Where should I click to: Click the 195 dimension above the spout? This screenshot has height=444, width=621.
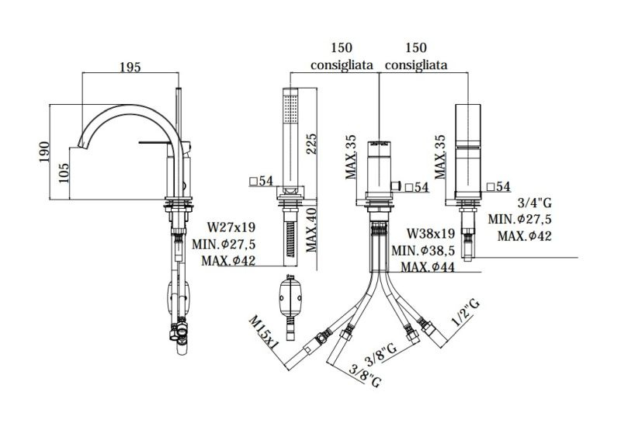click(130, 67)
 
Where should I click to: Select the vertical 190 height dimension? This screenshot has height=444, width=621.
click(44, 151)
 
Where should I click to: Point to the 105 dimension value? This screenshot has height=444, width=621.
click(64, 173)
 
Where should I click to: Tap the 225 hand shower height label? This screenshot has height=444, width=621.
click(311, 144)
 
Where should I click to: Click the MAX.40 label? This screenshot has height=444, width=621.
click(311, 230)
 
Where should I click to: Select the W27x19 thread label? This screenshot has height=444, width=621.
click(231, 227)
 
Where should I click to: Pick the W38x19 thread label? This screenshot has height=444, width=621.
click(431, 234)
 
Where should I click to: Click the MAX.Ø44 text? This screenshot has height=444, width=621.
click(428, 267)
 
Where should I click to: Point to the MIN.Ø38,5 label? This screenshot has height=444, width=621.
click(423, 250)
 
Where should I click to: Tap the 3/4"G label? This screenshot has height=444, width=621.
click(534, 203)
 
